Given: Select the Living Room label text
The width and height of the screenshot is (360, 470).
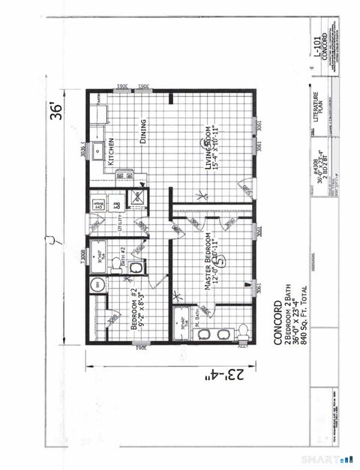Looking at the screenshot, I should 209,148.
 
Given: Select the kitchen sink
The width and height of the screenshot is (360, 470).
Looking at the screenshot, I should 98,151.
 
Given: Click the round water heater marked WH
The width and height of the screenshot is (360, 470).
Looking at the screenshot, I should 96,285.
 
